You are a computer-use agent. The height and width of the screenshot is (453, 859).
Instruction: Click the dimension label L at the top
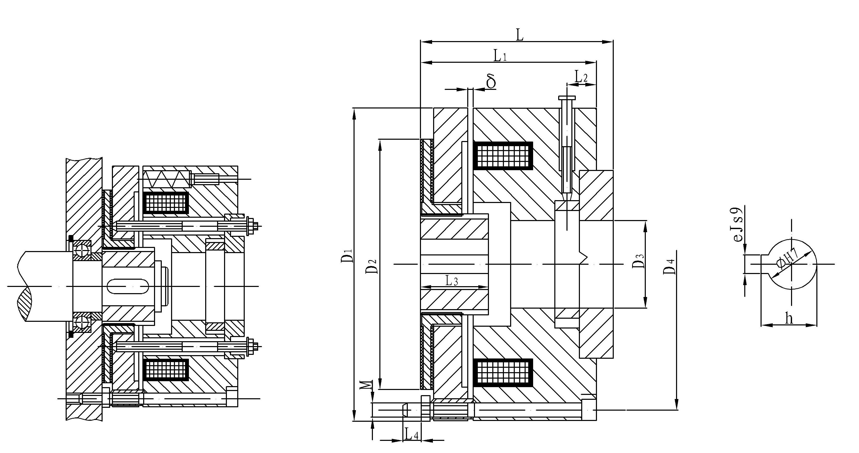(519, 35)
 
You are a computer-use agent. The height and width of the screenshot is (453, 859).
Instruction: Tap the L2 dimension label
(581, 77)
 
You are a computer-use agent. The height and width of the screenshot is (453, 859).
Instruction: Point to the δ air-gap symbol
(491, 82)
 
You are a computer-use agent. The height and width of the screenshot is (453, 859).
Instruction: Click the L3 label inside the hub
(452, 281)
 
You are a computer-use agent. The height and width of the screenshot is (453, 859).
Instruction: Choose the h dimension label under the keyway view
(789, 318)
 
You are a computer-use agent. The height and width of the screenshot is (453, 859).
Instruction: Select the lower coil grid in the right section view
(503, 373)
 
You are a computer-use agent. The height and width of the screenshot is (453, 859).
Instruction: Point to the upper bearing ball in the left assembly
(81, 250)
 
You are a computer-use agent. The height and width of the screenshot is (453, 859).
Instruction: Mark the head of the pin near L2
(566, 98)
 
